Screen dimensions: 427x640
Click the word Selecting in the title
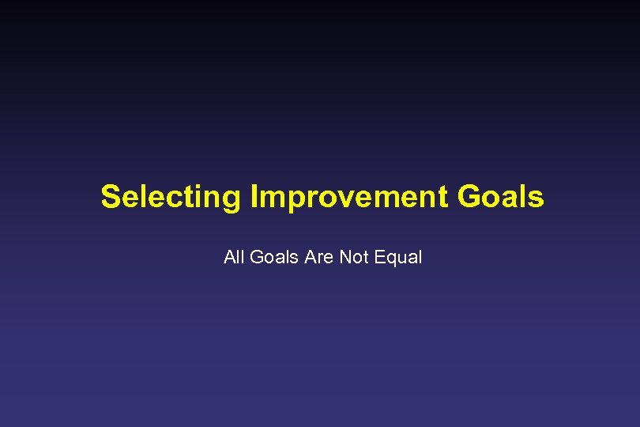(x=171, y=197)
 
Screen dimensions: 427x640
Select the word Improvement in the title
(x=349, y=197)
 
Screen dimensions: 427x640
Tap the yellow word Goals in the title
(x=501, y=197)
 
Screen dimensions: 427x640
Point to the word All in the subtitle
(x=235, y=257)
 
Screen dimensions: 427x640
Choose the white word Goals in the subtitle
(x=273, y=257)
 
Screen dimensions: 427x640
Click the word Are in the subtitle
(x=318, y=257)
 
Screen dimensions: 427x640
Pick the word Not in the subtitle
(x=352, y=257)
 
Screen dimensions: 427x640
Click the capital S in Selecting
(x=111, y=197)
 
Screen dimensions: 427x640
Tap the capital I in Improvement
(x=254, y=197)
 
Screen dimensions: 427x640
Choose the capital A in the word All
(x=229, y=257)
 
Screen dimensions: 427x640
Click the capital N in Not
(x=344, y=257)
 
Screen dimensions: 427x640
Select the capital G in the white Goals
(x=257, y=257)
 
